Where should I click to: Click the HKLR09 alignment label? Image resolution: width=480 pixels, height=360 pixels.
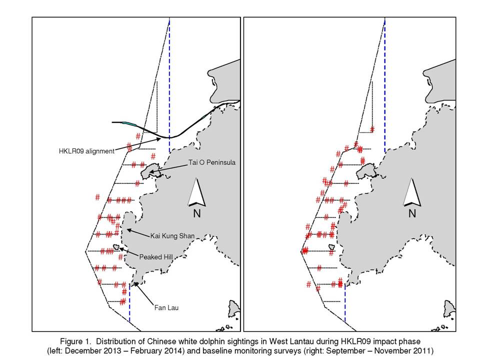(86, 151)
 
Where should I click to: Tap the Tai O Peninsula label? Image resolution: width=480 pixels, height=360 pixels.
(212, 162)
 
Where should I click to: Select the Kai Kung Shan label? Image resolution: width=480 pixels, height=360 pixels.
(172, 235)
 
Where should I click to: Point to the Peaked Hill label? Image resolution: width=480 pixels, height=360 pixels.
(156, 257)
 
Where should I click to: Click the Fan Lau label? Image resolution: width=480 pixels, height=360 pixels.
(166, 307)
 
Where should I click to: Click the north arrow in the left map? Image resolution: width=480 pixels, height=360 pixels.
(196, 192)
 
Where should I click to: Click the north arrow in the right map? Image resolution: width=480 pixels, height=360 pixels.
(412, 192)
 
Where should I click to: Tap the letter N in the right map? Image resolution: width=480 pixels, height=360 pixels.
(412, 213)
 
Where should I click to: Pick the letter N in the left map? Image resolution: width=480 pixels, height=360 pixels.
(197, 213)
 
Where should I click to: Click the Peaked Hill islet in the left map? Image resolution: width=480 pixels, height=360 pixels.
(116, 246)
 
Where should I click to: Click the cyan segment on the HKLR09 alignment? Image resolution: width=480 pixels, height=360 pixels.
(129, 123)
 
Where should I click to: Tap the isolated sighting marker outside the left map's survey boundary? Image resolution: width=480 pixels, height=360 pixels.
(97, 197)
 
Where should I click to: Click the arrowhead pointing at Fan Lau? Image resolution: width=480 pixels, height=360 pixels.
(136, 284)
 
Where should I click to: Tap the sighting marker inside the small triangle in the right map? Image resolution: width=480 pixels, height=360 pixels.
(372, 129)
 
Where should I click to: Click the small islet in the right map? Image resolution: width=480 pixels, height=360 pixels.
(331, 246)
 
